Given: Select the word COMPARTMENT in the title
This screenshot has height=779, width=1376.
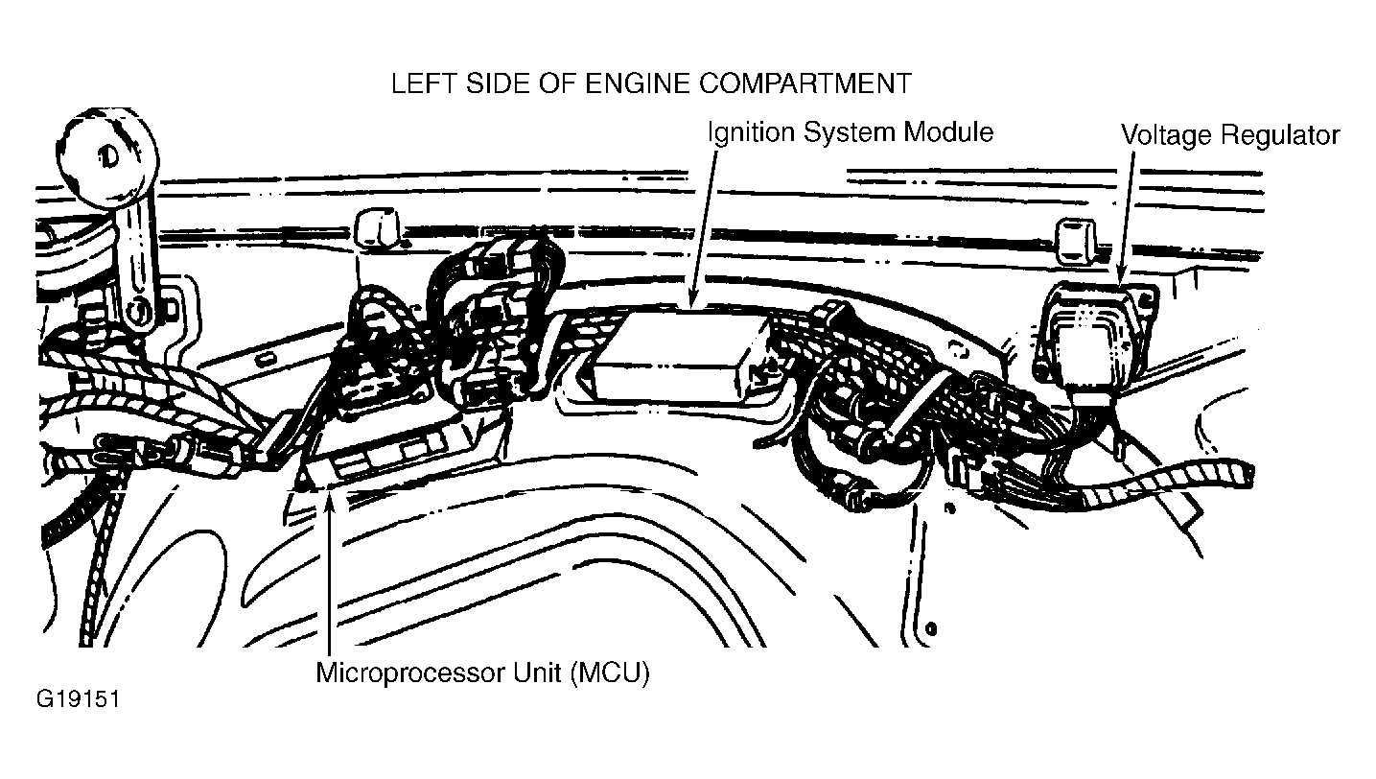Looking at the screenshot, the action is coord(805,83).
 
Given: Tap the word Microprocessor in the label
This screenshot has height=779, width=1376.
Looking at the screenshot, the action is coord(409,673).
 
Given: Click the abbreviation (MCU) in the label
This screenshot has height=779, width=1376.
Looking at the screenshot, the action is coord(610,673).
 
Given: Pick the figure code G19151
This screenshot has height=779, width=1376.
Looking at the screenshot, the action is coord(78,699).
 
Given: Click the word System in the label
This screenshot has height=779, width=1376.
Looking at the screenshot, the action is coord(849,133).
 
